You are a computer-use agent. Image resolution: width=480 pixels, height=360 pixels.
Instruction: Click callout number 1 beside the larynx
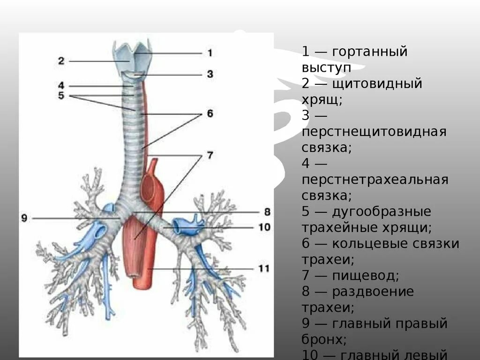(210, 53)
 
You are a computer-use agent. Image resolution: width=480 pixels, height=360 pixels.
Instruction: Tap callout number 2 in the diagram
(61, 60)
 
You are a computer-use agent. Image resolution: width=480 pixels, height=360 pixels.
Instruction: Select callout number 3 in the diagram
(210, 74)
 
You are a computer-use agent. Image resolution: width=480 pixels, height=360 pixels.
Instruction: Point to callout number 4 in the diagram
(61, 86)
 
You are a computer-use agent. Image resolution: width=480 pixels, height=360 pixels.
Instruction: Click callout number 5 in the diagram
(61, 95)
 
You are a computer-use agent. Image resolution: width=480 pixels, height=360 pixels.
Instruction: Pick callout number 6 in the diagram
(210, 114)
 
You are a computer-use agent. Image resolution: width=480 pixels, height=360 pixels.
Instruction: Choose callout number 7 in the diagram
(210, 155)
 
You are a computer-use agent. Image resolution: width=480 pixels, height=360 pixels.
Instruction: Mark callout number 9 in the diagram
(24, 218)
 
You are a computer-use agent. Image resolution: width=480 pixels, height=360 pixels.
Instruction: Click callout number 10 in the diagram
(264, 227)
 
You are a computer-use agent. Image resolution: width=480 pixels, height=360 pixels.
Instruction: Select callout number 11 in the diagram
(264, 269)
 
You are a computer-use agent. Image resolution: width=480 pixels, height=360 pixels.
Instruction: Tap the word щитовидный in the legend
(377, 84)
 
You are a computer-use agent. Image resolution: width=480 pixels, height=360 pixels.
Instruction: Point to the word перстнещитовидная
(374, 132)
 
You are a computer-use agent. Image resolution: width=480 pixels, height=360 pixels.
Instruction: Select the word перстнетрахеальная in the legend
(375, 180)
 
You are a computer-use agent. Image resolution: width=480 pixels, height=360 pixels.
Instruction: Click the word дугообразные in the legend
(381, 212)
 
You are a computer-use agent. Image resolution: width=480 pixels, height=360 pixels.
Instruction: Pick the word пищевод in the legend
(365, 276)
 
